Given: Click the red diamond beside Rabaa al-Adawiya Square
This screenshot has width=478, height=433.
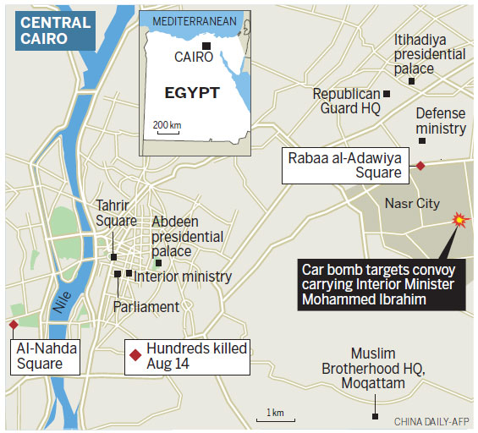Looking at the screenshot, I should (420, 166).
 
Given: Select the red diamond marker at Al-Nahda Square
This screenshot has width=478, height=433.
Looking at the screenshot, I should (13, 325).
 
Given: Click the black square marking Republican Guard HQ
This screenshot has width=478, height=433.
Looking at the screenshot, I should (387, 94).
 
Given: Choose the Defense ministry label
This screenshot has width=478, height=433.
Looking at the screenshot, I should (441, 121).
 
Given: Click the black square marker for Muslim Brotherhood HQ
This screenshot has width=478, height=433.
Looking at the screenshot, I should (375, 415).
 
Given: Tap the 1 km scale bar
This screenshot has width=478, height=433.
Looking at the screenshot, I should (275, 414).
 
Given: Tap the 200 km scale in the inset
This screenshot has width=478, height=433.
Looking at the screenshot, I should (167, 126).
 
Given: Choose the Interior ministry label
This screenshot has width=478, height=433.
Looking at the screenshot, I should (182, 276).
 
